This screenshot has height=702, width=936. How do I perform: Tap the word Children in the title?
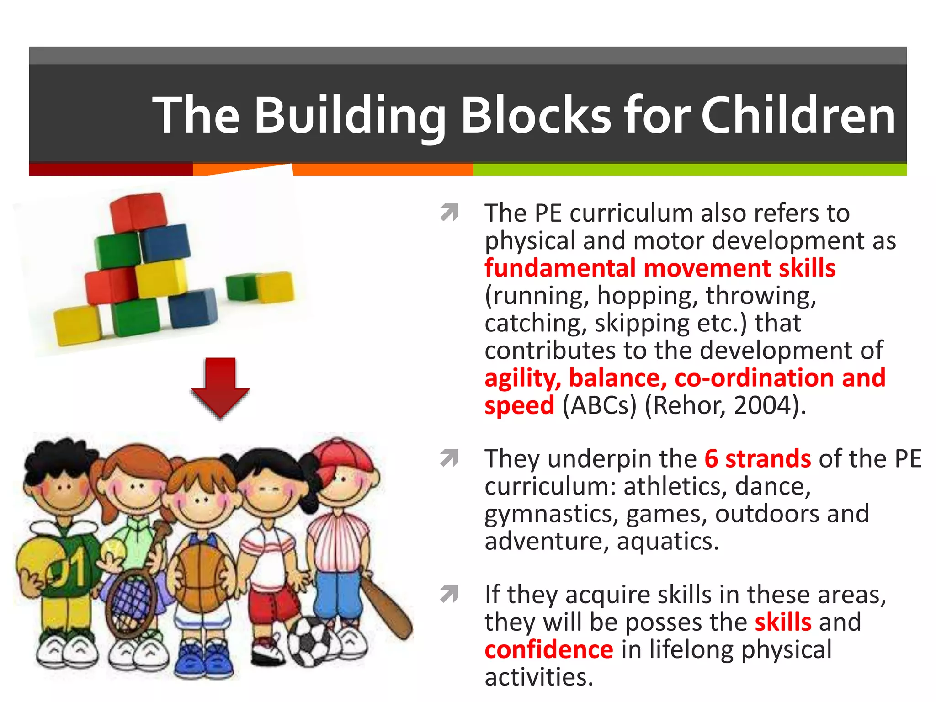coord(798,116)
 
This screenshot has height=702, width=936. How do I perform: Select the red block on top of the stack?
coord(138,211)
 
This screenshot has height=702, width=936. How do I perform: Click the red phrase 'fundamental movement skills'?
coord(660,268)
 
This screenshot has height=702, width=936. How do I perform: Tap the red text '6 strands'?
coord(757,458)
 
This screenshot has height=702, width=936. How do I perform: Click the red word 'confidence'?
coord(548,650)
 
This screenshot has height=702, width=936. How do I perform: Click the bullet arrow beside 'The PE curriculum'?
coord(449,213)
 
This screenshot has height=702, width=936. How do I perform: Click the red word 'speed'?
coord(519,405)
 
